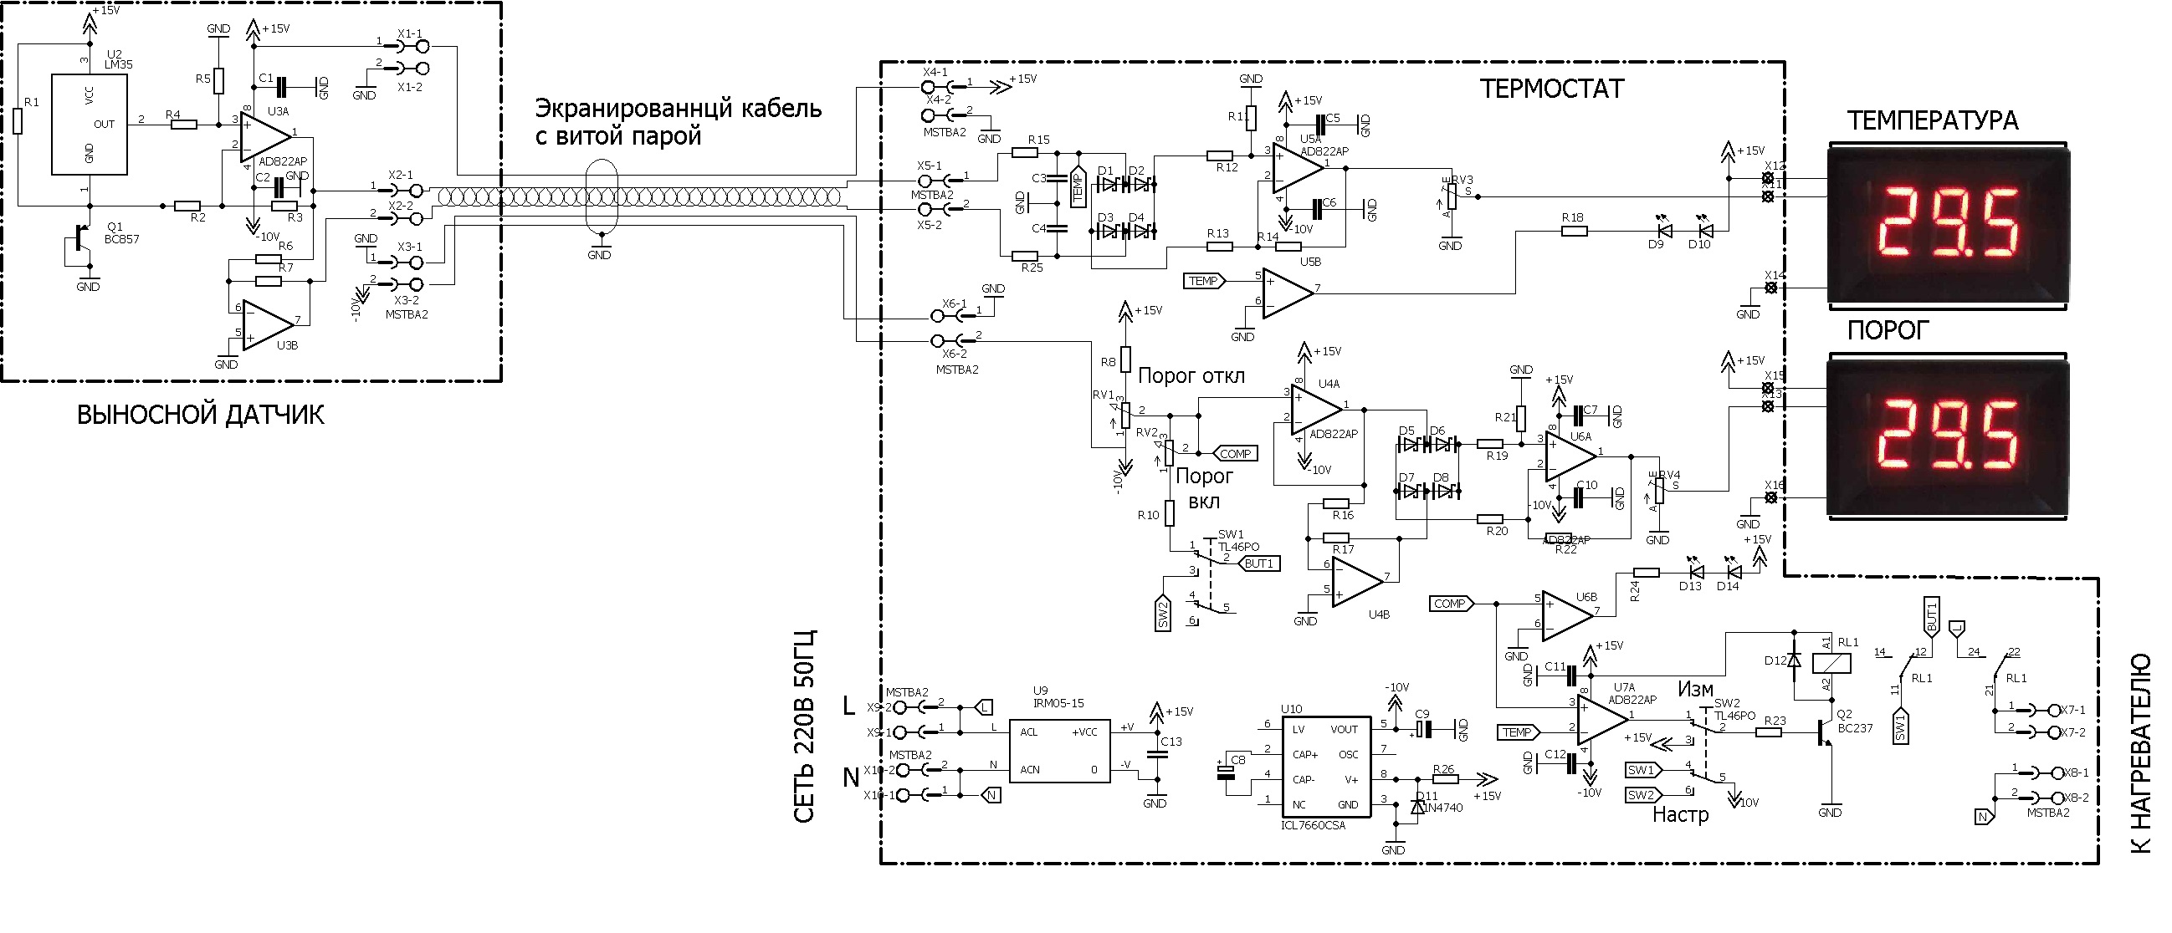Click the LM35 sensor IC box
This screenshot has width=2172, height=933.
pyautogui.click(x=90, y=124)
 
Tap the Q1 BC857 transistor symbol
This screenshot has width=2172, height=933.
pyautogui.click(x=81, y=238)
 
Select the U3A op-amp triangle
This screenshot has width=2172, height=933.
pyautogui.click(x=264, y=135)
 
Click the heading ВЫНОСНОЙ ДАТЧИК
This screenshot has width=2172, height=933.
pyautogui.click(x=201, y=415)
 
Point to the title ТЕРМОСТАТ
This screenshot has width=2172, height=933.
pyautogui.click(x=1551, y=89)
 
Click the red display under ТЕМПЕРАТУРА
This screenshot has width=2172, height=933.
pyautogui.click(x=1947, y=224)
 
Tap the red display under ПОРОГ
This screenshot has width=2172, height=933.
pyautogui.click(x=1947, y=436)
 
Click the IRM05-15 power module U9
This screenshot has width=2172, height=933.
pyautogui.click(x=1059, y=751)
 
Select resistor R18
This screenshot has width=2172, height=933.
pyautogui.click(x=1573, y=230)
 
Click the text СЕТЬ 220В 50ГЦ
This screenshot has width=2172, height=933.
pyautogui.click(x=805, y=725)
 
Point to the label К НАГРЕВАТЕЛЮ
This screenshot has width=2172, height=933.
pyautogui.click(x=2142, y=752)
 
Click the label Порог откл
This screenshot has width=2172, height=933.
pyautogui.click(x=1191, y=376)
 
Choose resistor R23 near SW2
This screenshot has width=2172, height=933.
pyautogui.click(x=1768, y=732)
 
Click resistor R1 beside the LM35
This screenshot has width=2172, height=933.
pyautogui.click(x=18, y=122)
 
